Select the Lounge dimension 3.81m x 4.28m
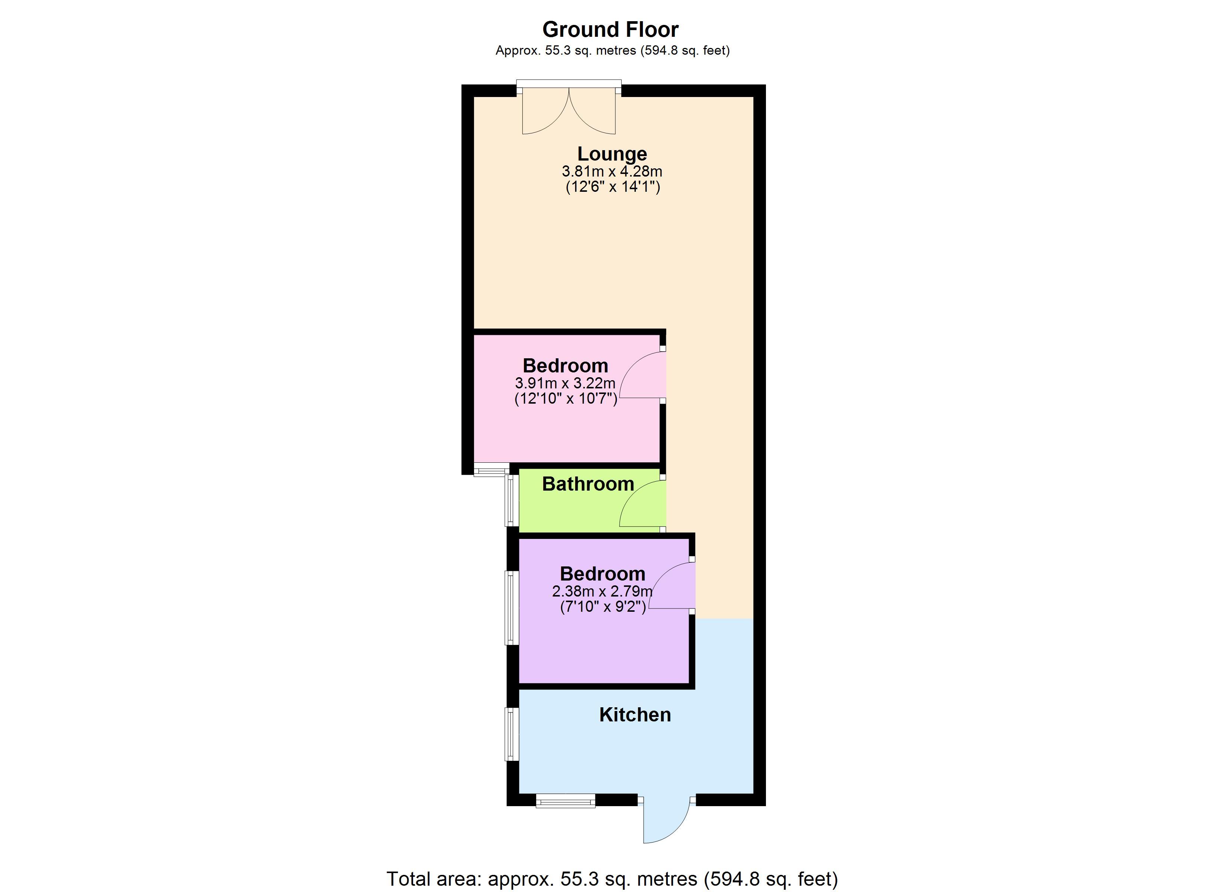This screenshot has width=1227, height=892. click(x=612, y=171)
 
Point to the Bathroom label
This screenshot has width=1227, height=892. click(x=588, y=484)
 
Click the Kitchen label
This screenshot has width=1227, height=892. click(x=635, y=715)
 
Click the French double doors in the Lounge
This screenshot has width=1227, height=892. click(x=569, y=108)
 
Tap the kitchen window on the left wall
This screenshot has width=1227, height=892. click(x=511, y=734)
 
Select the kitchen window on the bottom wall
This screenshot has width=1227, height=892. click(x=566, y=801)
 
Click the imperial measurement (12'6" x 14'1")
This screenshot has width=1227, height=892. click(x=612, y=187)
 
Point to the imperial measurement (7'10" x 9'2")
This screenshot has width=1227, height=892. click(x=603, y=607)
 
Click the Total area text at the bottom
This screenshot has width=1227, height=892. click(x=612, y=879)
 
